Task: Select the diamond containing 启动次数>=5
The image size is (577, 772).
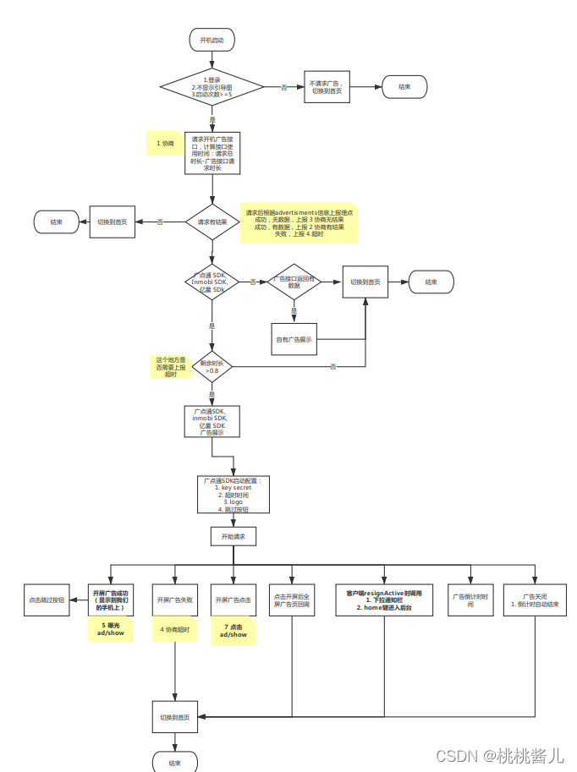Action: (x=212, y=86)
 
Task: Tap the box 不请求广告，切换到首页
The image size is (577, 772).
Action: (x=327, y=86)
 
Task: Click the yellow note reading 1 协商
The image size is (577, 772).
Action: (x=166, y=144)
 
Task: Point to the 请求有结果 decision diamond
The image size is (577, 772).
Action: (x=212, y=222)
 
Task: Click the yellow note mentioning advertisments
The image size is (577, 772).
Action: (x=299, y=222)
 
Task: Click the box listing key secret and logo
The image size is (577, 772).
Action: (x=234, y=495)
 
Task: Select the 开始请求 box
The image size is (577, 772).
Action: (x=233, y=536)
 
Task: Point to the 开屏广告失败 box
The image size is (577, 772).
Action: (x=175, y=600)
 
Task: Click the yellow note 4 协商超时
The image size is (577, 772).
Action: (x=175, y=629)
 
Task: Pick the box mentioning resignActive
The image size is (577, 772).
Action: (x=383, y=600)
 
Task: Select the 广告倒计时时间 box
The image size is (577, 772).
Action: (x=471, y=600)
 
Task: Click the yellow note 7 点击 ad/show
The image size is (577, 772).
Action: (x=233, y=630)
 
